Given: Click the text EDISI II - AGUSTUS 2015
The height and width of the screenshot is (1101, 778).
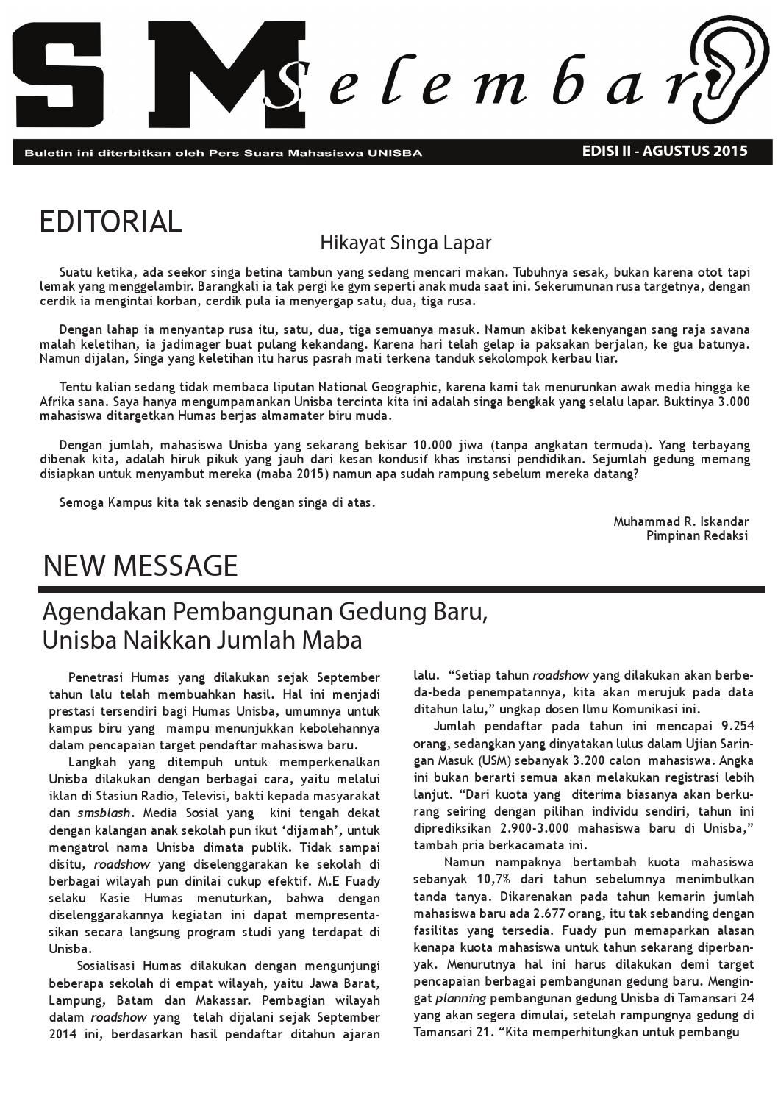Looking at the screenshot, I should (x=664, y=151).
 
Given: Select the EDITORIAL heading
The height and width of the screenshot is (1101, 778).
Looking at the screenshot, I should (x=110, y=222).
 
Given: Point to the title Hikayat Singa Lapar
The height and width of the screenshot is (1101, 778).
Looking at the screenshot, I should (x=405, y=243).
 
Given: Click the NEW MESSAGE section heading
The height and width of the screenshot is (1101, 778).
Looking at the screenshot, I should (x=140, y=566).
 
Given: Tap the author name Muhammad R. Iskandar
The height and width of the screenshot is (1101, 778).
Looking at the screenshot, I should (x=681, y=521).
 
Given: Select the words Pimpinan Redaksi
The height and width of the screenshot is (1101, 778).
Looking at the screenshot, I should (x=696, y=535).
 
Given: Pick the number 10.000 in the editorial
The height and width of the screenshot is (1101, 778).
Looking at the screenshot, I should (x=440, y=445).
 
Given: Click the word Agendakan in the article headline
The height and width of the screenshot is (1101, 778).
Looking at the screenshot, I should (x=102, y=612).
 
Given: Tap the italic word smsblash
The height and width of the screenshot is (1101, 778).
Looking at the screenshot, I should (x=104, y=813).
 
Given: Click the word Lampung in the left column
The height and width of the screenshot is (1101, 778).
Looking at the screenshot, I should (x=73, y=1000).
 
